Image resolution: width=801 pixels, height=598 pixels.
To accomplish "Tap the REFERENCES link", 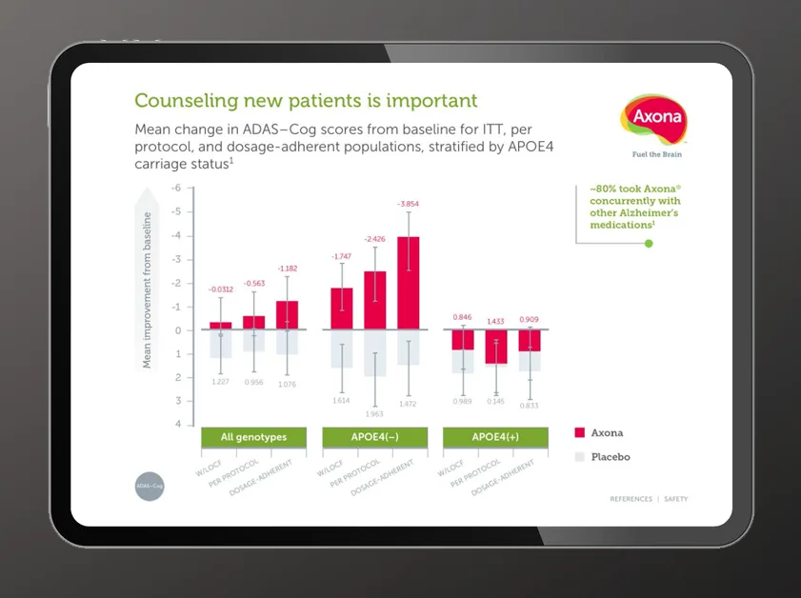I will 631,499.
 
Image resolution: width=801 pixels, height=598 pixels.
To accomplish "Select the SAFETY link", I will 675,499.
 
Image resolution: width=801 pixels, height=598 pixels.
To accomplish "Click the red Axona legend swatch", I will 579,433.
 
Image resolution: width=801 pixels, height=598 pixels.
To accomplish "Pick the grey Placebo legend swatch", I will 579,457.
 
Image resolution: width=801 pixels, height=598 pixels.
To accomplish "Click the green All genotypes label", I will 253,438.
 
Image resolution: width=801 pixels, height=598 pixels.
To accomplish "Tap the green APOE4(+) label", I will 495,438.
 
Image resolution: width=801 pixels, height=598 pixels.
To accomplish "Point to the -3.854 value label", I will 407,204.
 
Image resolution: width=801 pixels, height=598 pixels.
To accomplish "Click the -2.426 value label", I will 374,239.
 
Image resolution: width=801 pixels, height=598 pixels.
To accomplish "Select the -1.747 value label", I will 342,257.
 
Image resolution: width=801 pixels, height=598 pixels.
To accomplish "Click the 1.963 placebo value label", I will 374,414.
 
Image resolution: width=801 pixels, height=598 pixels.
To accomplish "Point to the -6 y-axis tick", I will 176,188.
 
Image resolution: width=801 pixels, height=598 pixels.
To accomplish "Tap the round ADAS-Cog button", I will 150,486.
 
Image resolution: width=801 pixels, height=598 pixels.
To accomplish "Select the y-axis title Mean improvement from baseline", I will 148,288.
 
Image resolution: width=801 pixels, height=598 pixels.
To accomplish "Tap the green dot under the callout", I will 649,244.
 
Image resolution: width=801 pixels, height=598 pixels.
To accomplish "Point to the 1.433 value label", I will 495,322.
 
